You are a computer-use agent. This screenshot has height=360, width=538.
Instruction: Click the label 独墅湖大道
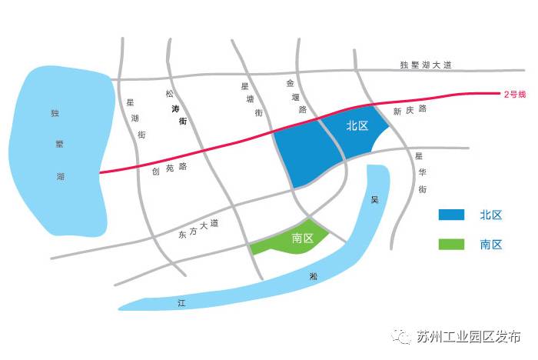[x=427, y=65]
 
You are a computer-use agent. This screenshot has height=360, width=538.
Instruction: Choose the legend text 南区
[x=491, y=245]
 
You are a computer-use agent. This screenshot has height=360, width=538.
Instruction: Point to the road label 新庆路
[x=410, y=111]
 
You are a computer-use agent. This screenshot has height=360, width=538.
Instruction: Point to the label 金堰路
[x=297, y=96]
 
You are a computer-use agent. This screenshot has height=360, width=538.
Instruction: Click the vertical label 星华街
[x=420, y=172]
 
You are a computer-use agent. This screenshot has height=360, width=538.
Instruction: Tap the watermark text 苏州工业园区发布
[x=469, y=337]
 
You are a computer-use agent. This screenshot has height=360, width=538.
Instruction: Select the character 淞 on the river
[x=314, y=275]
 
